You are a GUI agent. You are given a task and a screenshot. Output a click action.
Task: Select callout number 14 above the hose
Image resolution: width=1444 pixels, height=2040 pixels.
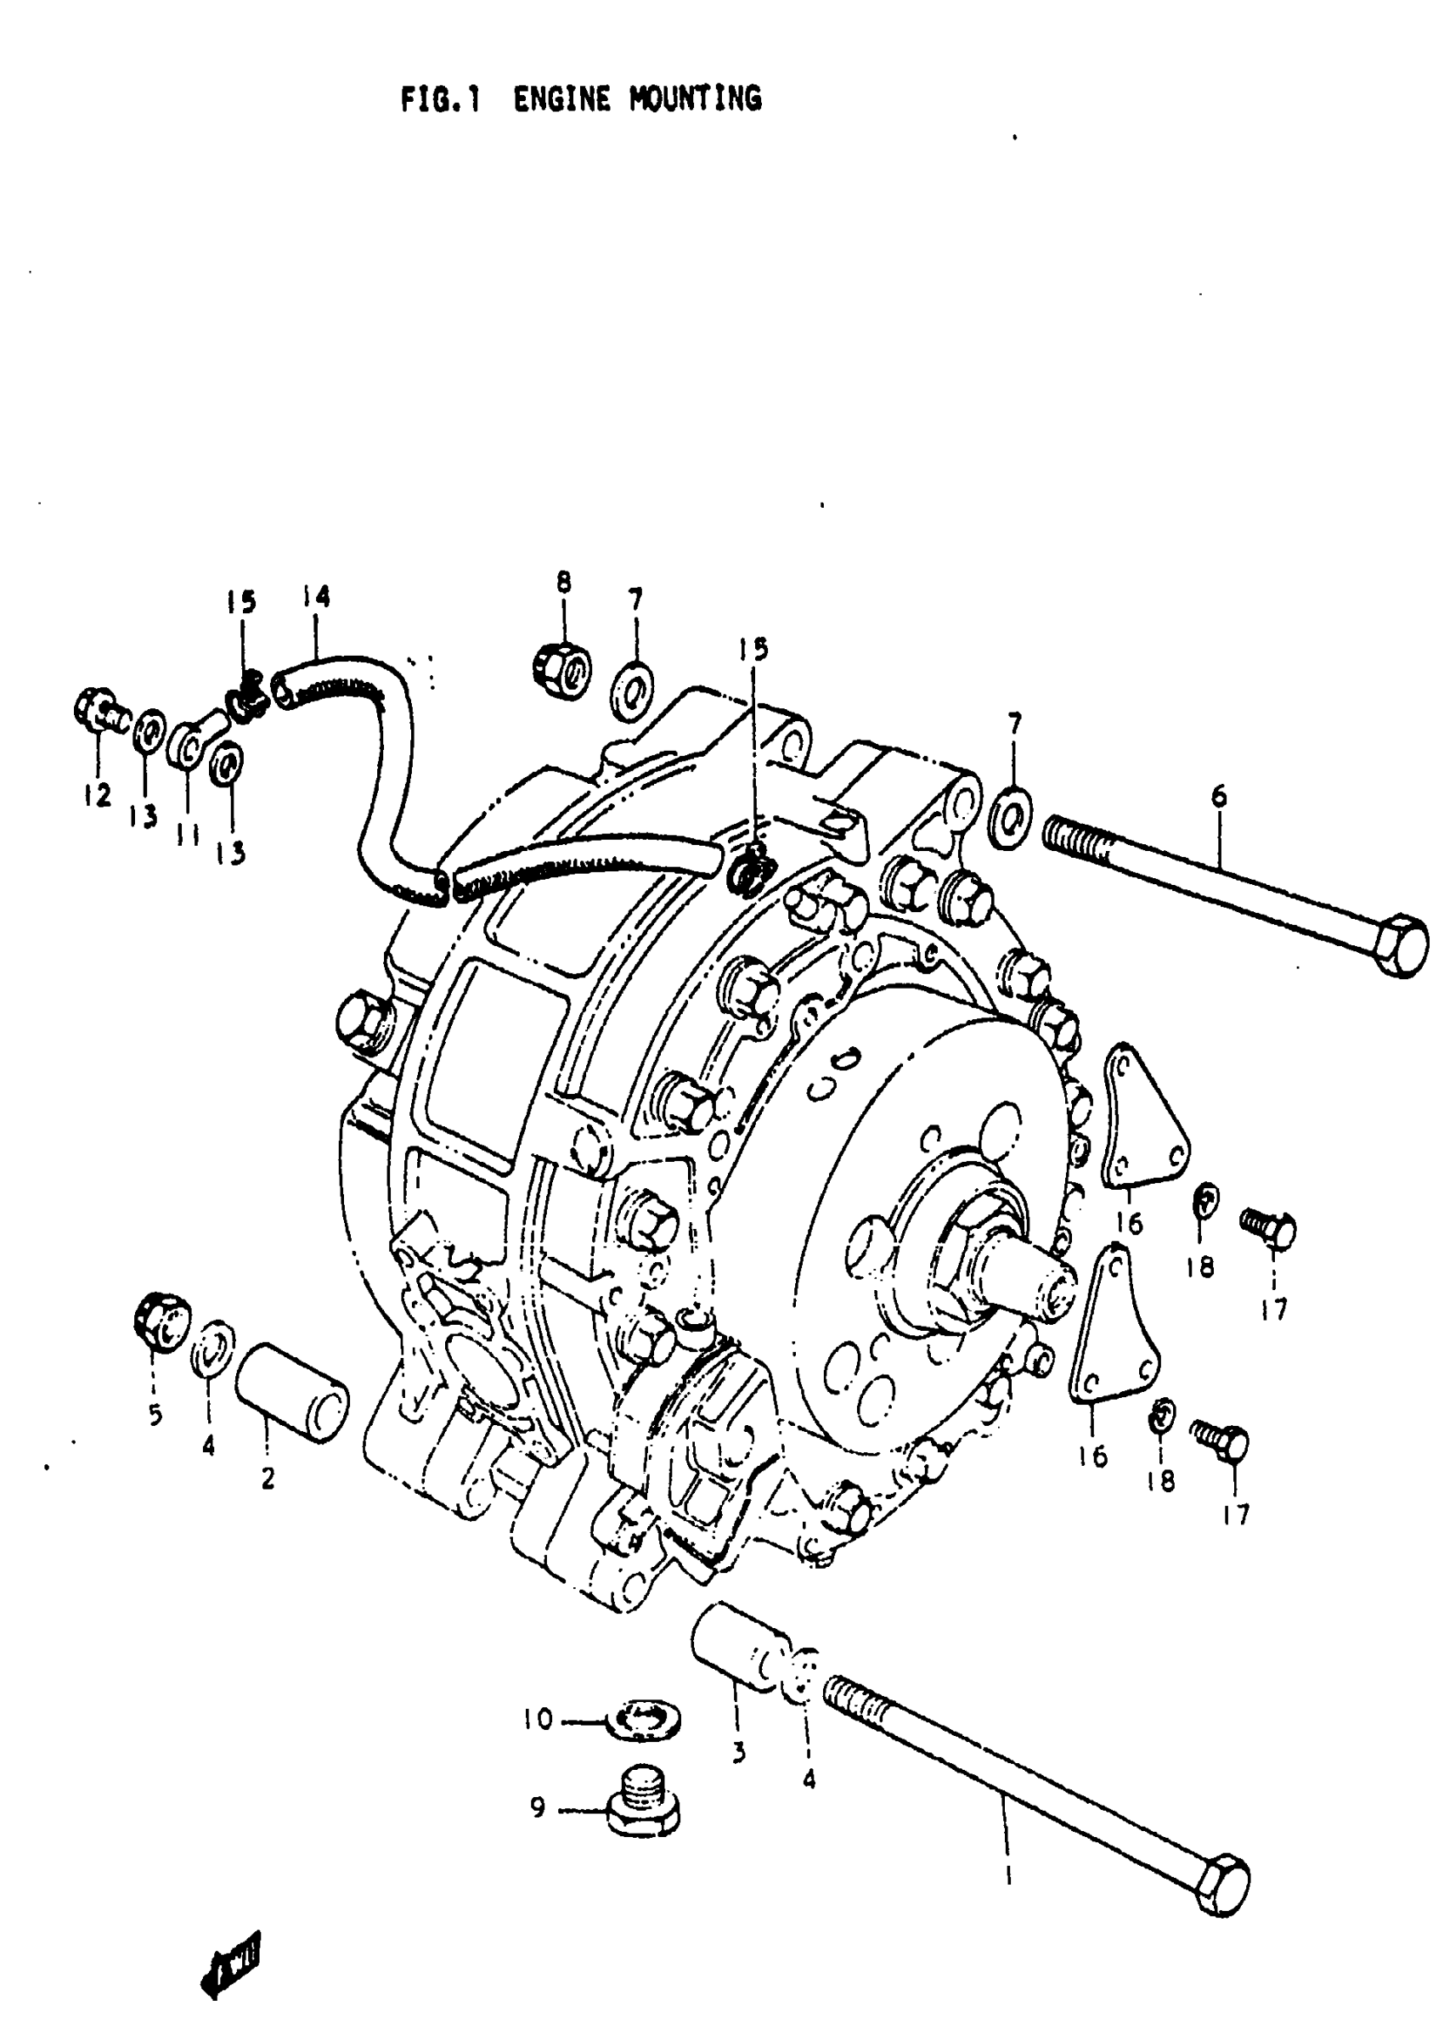coord(316,595)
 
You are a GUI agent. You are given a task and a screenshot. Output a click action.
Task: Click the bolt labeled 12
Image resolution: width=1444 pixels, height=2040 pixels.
coord(98,711)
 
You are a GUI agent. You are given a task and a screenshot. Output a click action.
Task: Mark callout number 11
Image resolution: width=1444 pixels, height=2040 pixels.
coord(187,837)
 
